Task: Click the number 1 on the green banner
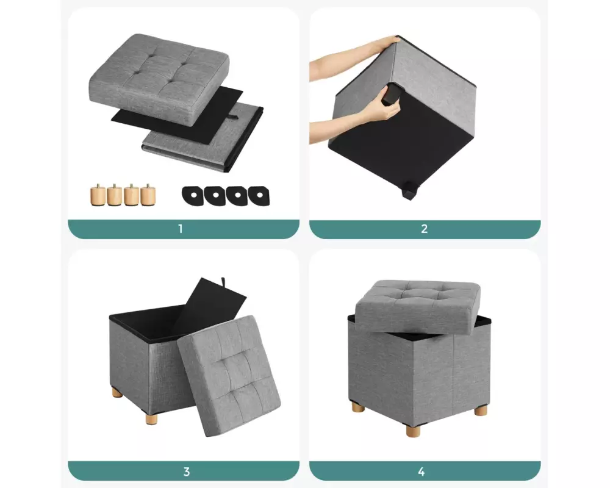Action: (x=180, y=229)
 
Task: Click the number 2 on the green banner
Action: (x=425, y=229)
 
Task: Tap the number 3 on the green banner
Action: (x=186, y=472)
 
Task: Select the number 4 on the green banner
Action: (x=422, y=472)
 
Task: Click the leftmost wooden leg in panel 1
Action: (x=98, y=195)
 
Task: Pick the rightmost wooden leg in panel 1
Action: (x=148, y=195)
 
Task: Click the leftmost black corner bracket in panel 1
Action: (x=193, y=195)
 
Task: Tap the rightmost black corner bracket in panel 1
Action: (x=259, y=196)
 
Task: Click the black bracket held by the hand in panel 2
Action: (x=390, y=94)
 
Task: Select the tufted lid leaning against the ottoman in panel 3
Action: (x=229, y=376)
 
